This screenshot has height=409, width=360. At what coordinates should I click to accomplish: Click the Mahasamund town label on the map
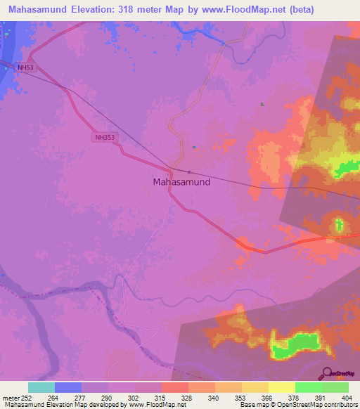point(181,181)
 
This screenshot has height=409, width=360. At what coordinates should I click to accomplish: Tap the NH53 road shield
point(26,67)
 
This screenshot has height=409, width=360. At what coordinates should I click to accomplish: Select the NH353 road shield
point(103,138)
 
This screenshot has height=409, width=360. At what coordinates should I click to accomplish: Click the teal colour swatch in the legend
point(41,387)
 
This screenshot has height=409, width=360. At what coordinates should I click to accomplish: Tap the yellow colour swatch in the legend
point(282,387)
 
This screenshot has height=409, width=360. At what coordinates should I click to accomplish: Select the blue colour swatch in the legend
point(68,387)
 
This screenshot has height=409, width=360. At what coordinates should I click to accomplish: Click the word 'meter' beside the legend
point(10,397)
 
